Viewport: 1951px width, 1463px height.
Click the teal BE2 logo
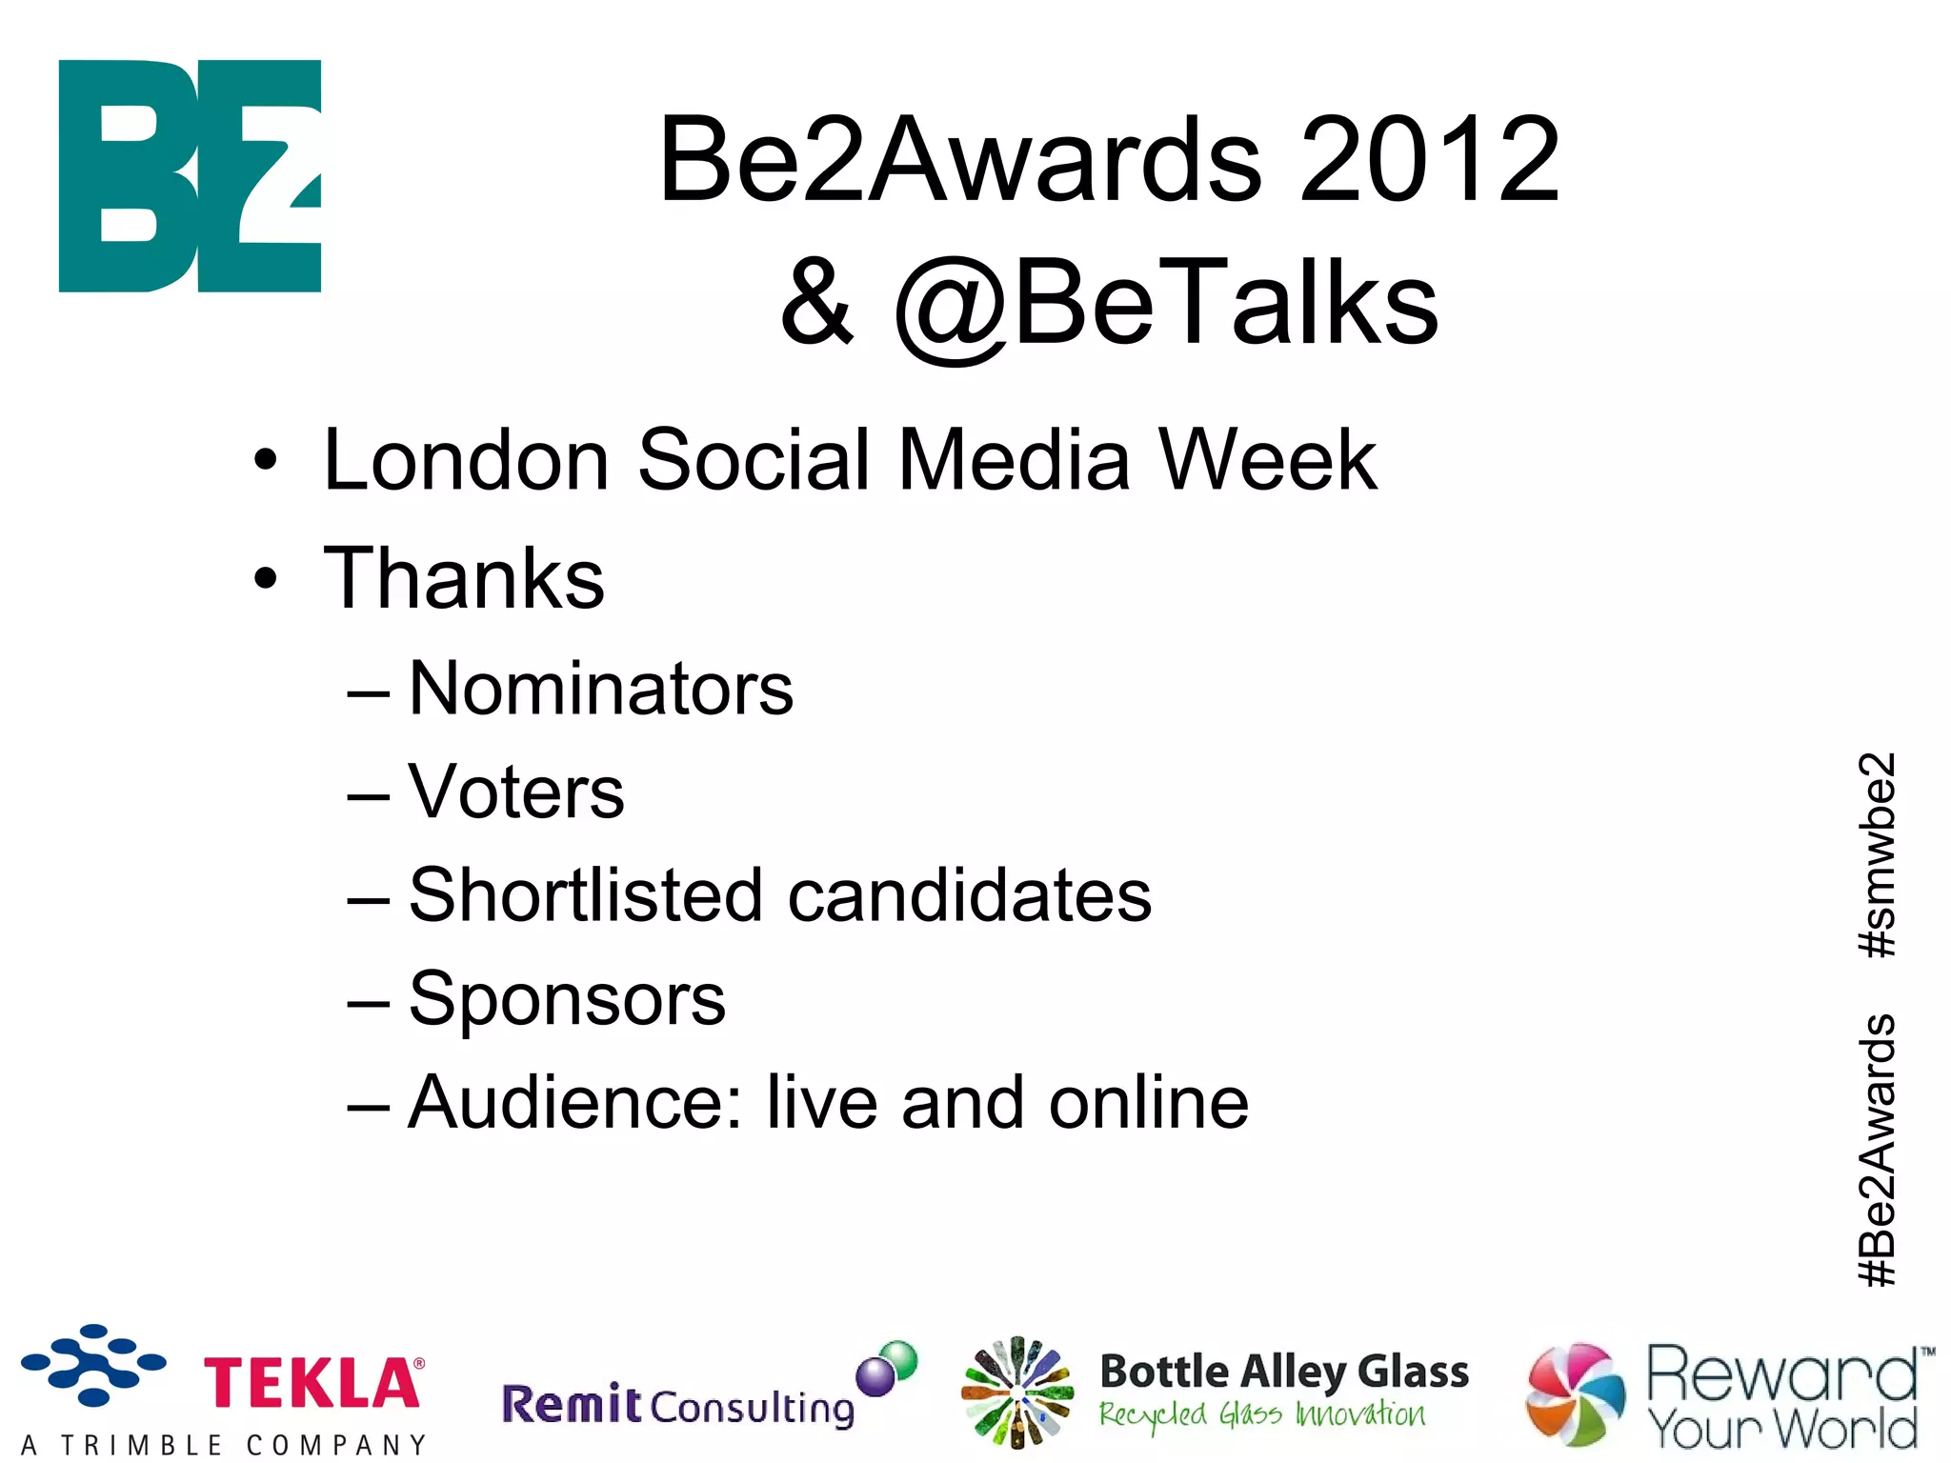[190, 176]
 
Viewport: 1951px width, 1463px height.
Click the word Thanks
[464, 579]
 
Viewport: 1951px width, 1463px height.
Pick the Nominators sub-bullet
[600, 689]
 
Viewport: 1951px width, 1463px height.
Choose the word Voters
[515, 792]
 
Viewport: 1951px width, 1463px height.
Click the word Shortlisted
[585, 895]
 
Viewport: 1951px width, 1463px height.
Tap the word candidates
[970, 895]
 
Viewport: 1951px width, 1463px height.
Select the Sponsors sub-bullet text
[567, 999]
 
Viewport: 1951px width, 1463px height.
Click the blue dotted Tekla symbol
[93, 1365]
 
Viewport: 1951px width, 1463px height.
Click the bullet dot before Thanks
[266, 579]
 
